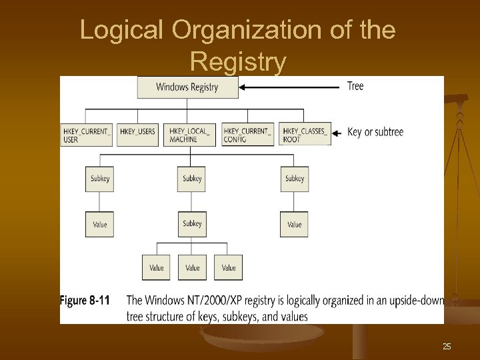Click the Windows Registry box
coord(187,87)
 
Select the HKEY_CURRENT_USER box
coord(87,134)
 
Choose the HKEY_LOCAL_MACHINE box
coord(191,134)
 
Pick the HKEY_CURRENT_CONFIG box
coord(247,134)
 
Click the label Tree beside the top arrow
coord(355,86)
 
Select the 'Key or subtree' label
coord(375,132)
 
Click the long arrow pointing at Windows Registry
coord(290,87)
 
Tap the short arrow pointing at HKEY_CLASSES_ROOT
coord(337,133)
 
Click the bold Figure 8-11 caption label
coord(85,301)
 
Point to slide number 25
coord(447,346)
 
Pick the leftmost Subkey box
coord(99,179)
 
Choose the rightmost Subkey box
coord(295,179)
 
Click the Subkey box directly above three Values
coord(192,223)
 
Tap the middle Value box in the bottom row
coord(192,267)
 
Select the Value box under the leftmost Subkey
coord(99,225)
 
